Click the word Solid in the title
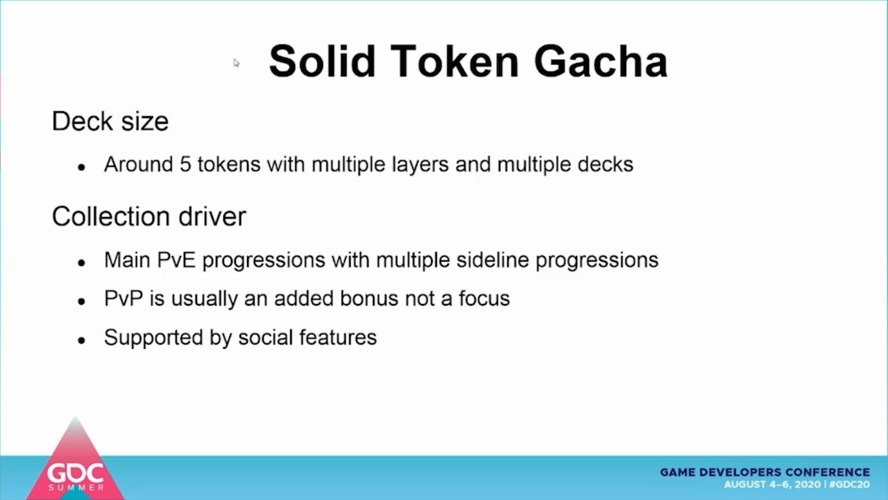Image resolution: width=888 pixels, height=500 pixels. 322,61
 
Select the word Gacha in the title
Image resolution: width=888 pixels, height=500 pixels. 601,61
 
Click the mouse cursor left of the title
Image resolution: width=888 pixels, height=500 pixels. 236,63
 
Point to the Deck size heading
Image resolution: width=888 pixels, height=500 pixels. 110,121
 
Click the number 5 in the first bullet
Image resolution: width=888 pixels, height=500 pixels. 185,164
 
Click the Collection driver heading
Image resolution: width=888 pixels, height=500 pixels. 149,217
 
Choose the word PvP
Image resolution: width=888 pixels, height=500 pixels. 124,299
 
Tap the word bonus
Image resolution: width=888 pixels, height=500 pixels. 369,299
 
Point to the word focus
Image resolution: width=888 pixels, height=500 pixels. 484,299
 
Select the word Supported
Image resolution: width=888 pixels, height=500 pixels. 154,338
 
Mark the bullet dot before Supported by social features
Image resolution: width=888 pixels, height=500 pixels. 82,340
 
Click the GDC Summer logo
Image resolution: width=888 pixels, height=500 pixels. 76,460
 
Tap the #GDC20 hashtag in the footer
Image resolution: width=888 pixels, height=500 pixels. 849,485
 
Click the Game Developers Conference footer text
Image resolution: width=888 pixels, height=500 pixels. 764,472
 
